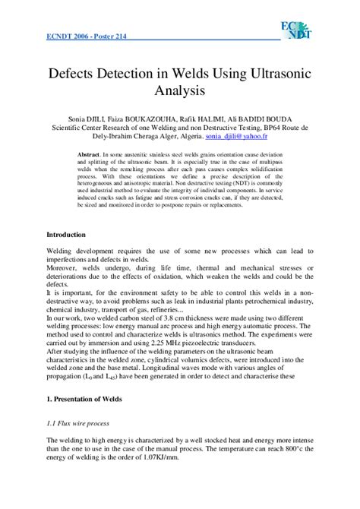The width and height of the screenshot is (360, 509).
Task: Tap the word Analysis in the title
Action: tap(180, 93)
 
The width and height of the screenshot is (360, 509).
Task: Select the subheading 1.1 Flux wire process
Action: tap(78, 422)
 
